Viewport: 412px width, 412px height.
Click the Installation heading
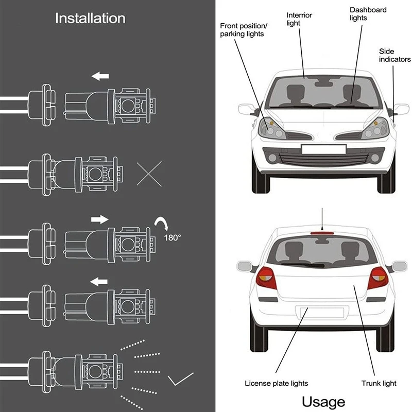tap(90, 19)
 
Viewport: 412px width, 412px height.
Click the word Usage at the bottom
tap(323, 401)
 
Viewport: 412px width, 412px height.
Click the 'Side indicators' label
tap(393, 56)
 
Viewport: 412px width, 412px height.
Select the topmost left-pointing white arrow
tap(101, 77)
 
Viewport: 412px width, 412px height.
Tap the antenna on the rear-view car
tap(323, 219)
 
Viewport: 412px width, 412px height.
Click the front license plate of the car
tap(323, 149)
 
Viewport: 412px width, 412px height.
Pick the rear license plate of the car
tap(322, 312)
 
